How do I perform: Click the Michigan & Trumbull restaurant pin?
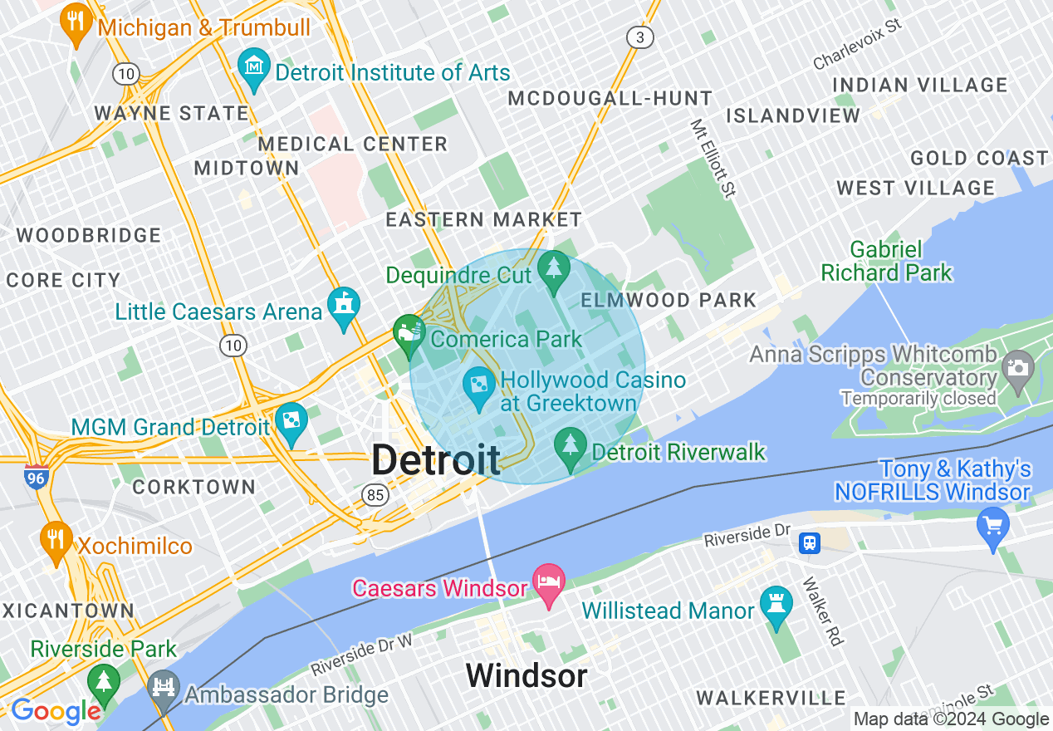(76, 23)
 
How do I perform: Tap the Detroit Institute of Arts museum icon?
(253, 65)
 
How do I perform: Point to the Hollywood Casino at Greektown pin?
(479, 385)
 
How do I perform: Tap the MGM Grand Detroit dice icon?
(291, 421)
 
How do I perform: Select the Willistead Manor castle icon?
(776, 605)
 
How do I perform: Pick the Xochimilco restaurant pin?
(56, 540)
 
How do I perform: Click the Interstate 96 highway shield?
(36, 478)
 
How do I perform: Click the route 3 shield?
(639, 37)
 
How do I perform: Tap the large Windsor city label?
(526, 675)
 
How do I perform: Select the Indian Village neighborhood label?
(919, 85)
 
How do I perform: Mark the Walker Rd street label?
(823, 611)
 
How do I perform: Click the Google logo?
(55, 711)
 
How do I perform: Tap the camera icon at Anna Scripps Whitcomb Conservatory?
(1017, 365)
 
